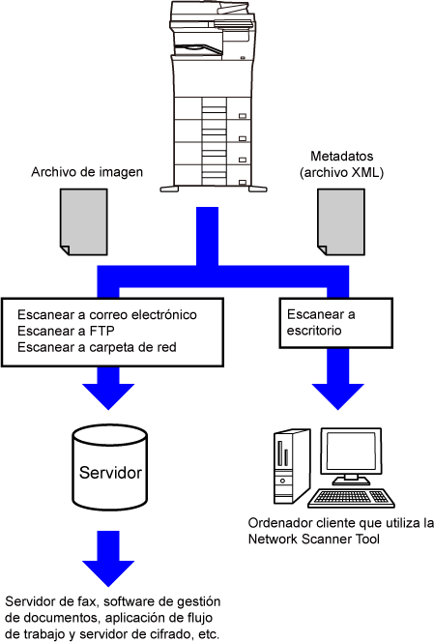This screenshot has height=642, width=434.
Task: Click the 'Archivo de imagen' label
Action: [x=87, y=172]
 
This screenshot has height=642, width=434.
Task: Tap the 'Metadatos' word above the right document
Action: [x=341, y=156]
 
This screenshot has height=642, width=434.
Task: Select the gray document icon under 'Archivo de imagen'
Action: [x=84, y=222]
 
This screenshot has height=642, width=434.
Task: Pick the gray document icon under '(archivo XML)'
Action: [x=341, y=222]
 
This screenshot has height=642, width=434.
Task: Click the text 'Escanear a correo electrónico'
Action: [x=107, y=314]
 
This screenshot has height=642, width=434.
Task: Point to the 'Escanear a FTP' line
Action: [x=66, y=331]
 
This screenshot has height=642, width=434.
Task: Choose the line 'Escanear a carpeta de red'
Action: [x=97, y=347]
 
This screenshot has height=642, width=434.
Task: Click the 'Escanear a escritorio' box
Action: [x=335, y=323]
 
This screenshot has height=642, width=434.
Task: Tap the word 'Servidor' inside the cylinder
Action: [x=110, y=473]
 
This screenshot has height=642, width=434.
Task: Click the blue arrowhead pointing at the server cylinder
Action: [x=108, y=395]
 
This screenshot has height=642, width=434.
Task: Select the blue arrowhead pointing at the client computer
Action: [x=337, y=395]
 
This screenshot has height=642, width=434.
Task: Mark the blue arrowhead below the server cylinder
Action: [x=108, y=572]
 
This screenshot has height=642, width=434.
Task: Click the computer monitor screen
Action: [x=351, y=452]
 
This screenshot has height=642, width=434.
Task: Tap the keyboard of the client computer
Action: [x=351, y=498]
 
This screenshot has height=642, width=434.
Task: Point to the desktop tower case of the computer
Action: [x=291, y=466]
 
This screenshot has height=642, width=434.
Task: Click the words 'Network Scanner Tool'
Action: [x=313, y=539]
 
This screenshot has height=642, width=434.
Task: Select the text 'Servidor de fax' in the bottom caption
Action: [x=51, y=601]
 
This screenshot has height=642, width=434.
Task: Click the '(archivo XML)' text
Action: [x=341, y=172]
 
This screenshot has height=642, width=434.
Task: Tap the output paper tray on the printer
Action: [x=198, y=49]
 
